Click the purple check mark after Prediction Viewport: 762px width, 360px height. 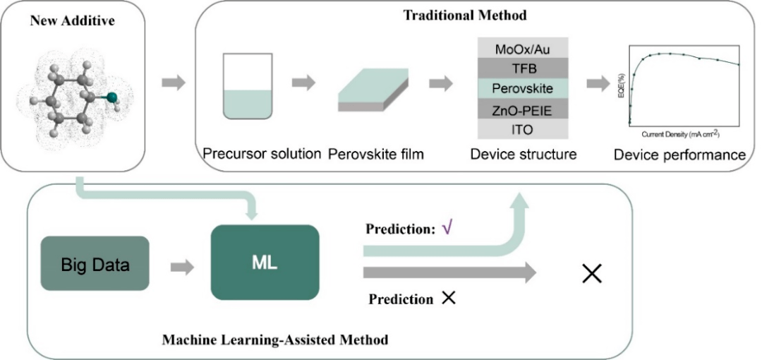point(446,229)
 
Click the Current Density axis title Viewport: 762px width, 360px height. point(680,133)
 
